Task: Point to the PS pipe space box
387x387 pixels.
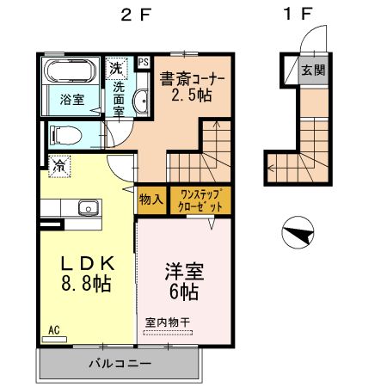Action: [142, 62]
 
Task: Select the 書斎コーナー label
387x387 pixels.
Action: [192, 79]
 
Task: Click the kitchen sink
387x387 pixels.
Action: [87, 207]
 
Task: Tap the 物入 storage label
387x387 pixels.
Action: [150, 200]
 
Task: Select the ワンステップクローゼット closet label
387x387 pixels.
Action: [200, 200]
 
